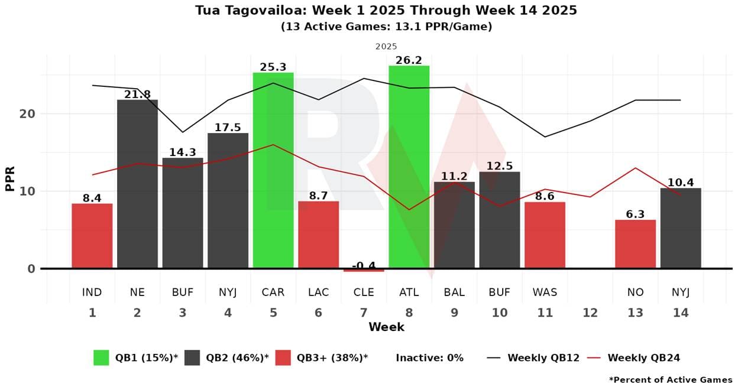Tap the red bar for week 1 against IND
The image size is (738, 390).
point(92,236)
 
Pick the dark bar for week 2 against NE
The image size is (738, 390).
point(137,184)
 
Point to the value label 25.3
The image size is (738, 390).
point(273,67)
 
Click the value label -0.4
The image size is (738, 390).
point(364,265)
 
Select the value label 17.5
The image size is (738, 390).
point(228,128)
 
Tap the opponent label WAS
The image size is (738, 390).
point(545,292)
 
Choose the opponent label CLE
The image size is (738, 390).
point(364,292)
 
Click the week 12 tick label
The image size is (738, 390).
point(590,313)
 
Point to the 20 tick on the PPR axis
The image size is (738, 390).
point(28,114)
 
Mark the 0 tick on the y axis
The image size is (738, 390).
point(31,269)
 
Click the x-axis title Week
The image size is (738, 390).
point(386,327)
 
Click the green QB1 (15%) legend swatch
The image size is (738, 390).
point(101,357)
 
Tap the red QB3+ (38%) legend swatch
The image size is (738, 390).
point(283,357)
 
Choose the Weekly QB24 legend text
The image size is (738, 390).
point(644,357)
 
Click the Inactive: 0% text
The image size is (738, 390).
point(429,357)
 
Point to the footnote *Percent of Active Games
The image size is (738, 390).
point(670,380)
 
